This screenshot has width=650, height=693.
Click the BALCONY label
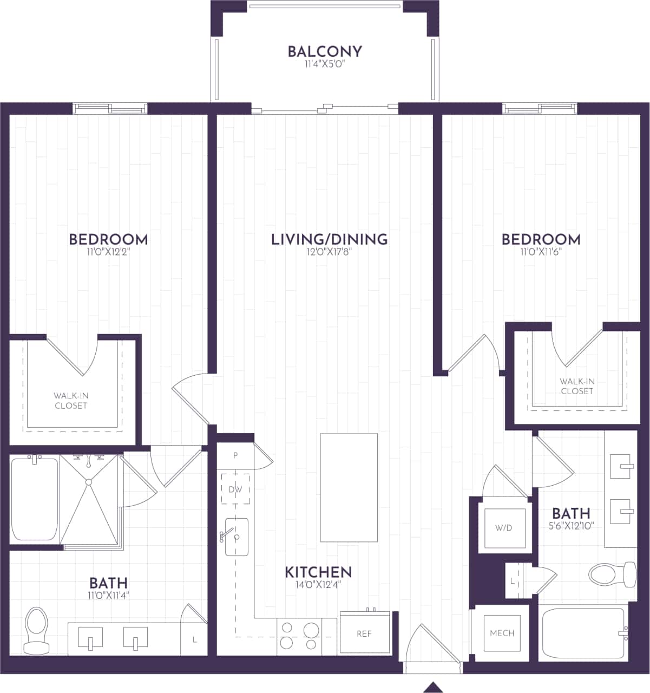324,51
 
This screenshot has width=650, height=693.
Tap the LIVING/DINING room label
329,239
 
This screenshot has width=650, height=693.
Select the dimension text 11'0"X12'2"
108,251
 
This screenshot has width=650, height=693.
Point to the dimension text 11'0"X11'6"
541,251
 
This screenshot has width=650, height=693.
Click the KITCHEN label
318,572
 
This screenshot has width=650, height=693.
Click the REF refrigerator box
364,633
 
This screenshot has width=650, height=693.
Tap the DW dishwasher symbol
235,489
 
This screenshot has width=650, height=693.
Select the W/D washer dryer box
503,528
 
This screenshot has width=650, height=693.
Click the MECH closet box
502,633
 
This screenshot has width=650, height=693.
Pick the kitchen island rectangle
349,487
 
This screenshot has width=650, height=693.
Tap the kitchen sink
237,537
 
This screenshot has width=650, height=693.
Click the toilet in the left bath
36,631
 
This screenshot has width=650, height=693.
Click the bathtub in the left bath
34,499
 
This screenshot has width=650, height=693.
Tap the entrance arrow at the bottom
432,687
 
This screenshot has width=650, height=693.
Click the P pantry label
235,455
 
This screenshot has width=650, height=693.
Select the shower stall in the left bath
89,499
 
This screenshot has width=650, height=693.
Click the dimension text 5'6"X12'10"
571,525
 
